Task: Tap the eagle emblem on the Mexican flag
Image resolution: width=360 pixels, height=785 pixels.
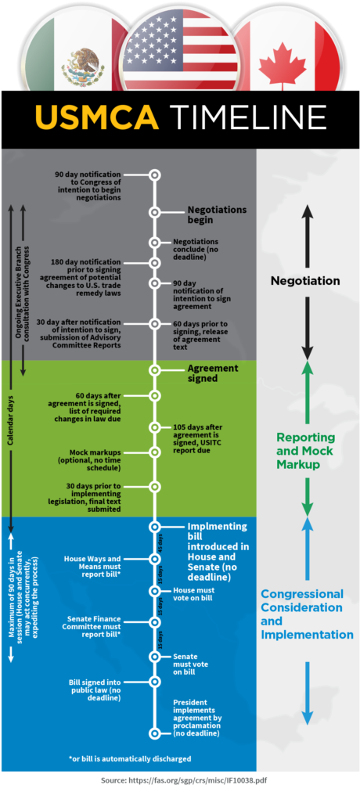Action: [x=83, y=61]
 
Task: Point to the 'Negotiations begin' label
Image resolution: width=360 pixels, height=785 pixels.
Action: [x=216, y=214]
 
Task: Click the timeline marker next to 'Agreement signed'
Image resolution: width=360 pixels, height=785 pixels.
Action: [x=155, y=369]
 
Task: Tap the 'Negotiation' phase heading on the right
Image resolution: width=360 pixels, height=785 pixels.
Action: [x=305, y=280]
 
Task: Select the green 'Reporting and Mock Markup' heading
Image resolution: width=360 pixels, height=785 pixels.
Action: [x=305, y=451]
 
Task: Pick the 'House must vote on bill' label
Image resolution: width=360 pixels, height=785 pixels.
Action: [x=194, y=595]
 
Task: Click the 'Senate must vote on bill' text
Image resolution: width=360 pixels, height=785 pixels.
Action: [x=190, y=664]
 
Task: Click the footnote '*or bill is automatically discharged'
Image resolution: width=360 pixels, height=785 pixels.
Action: [x=130, y=758]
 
